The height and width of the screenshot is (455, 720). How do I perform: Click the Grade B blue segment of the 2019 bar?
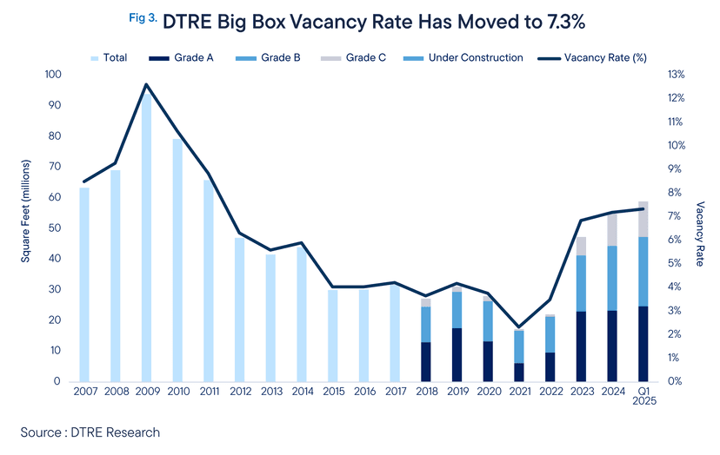click(x=457, y=310)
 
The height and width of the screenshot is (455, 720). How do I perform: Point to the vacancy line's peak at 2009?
click(x=146, y=84)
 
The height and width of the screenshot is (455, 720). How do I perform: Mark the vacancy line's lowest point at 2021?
click(x=518, y=327)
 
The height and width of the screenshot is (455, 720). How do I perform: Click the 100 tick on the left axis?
click(x=52, y=75)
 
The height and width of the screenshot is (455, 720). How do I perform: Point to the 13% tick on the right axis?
click(x=675, y=75)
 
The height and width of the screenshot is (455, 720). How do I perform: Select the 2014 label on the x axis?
click(x=301, y=393)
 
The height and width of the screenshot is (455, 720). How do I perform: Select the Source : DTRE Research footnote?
click(x=90, y=432)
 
